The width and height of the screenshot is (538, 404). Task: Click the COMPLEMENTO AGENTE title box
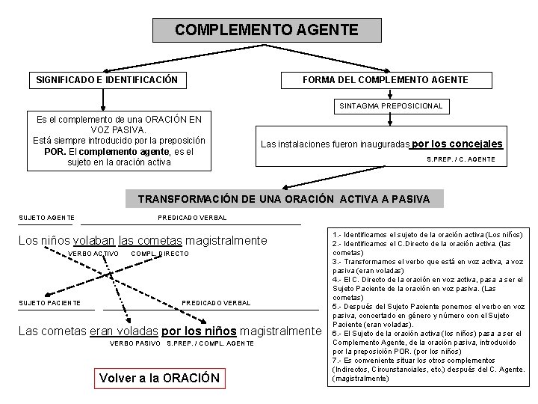[x=267, y=31]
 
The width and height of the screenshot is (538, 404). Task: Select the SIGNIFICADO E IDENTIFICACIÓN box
[x=107, y=79]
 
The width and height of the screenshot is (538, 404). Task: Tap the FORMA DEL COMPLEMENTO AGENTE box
[x=385, y=79]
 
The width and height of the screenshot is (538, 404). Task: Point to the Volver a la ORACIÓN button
[x=159, y=377]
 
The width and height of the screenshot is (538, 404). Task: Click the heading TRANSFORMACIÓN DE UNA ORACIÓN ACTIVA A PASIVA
[x=284, y=199]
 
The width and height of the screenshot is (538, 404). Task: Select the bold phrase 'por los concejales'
[x=457, y=144]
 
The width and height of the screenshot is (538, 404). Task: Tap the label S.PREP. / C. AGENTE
[x=460, y=159]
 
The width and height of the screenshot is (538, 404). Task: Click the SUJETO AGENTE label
[x=46, y=218]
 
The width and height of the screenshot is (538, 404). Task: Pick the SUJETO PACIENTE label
[x=50, y=302]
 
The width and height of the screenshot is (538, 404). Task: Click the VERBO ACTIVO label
[x=93, y=254]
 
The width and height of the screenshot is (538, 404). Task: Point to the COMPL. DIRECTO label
[x=159, y=254]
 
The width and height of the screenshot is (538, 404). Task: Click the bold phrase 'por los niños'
[x=200, y=330]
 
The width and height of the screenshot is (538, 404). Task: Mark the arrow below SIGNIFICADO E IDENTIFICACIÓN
[x=103, y=98]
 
